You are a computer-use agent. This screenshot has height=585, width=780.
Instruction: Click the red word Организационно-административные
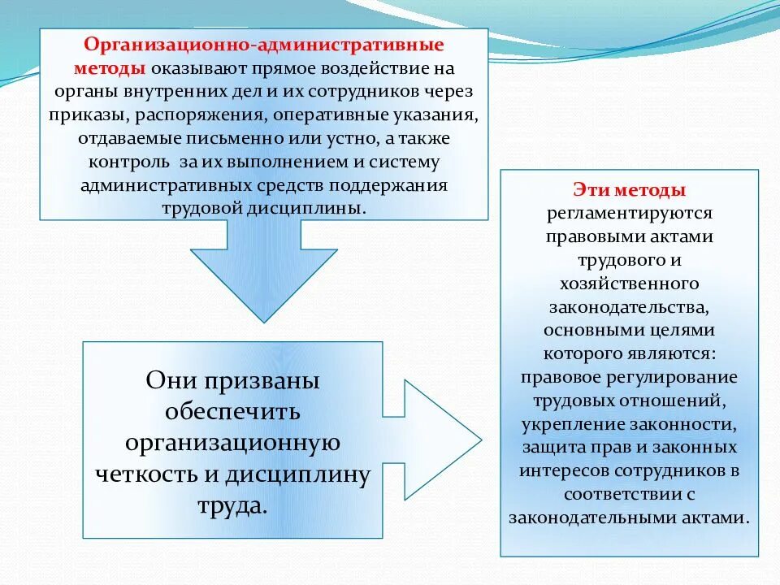pyautogui.click(x=264, y=43)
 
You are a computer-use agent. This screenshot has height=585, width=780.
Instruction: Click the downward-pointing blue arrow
pyautogui.click(x=264, y=272)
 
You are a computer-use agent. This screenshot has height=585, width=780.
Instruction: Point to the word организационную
pyautogui.click(x=232, y=443)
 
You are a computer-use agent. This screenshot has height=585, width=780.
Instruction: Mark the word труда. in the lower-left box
pyautogui.click(x=232, y=505)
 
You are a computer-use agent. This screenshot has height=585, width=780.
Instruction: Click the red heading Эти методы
pyautogui.click(x=630, y=190)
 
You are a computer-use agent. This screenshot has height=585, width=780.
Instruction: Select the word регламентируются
pyautogui.click(x=630, y=214)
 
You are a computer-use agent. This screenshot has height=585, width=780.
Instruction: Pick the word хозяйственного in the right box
pyautogui.click(x=630, y=284)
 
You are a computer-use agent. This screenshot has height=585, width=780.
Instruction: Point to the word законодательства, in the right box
pyautogui.click(x=630, y=307)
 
